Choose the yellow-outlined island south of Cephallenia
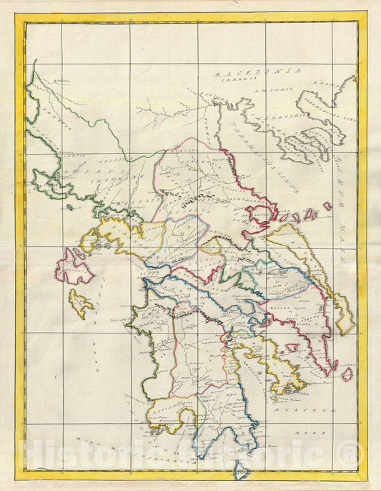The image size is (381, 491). (80, 303)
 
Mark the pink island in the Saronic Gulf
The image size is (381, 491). (292, 348)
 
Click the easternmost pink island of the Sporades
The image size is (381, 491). (327, 206)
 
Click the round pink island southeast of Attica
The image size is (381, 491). (347, 374)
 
